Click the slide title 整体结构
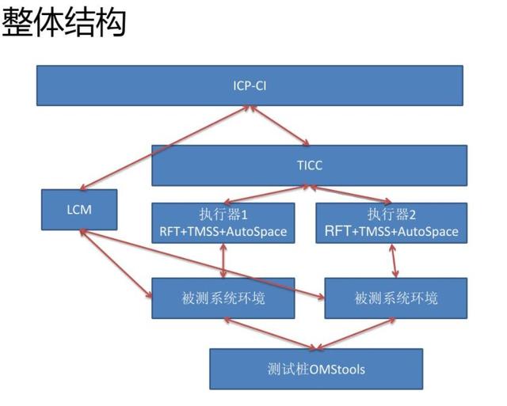coord(64,23)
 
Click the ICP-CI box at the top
coord(250,85)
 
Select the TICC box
coord(309,165)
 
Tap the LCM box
coord(80,211)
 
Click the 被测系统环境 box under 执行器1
coord(223,298)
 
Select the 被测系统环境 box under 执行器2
coord(391,298)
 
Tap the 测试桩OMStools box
coord(316,368)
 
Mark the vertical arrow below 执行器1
coord(223,260)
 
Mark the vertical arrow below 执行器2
coord(394,260)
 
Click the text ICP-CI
coord(250,85)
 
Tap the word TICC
coord(309,165)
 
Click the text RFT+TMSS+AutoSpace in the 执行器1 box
coord(223,231)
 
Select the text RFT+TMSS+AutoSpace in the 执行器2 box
coord(391,231)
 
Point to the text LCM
coord(80,211)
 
